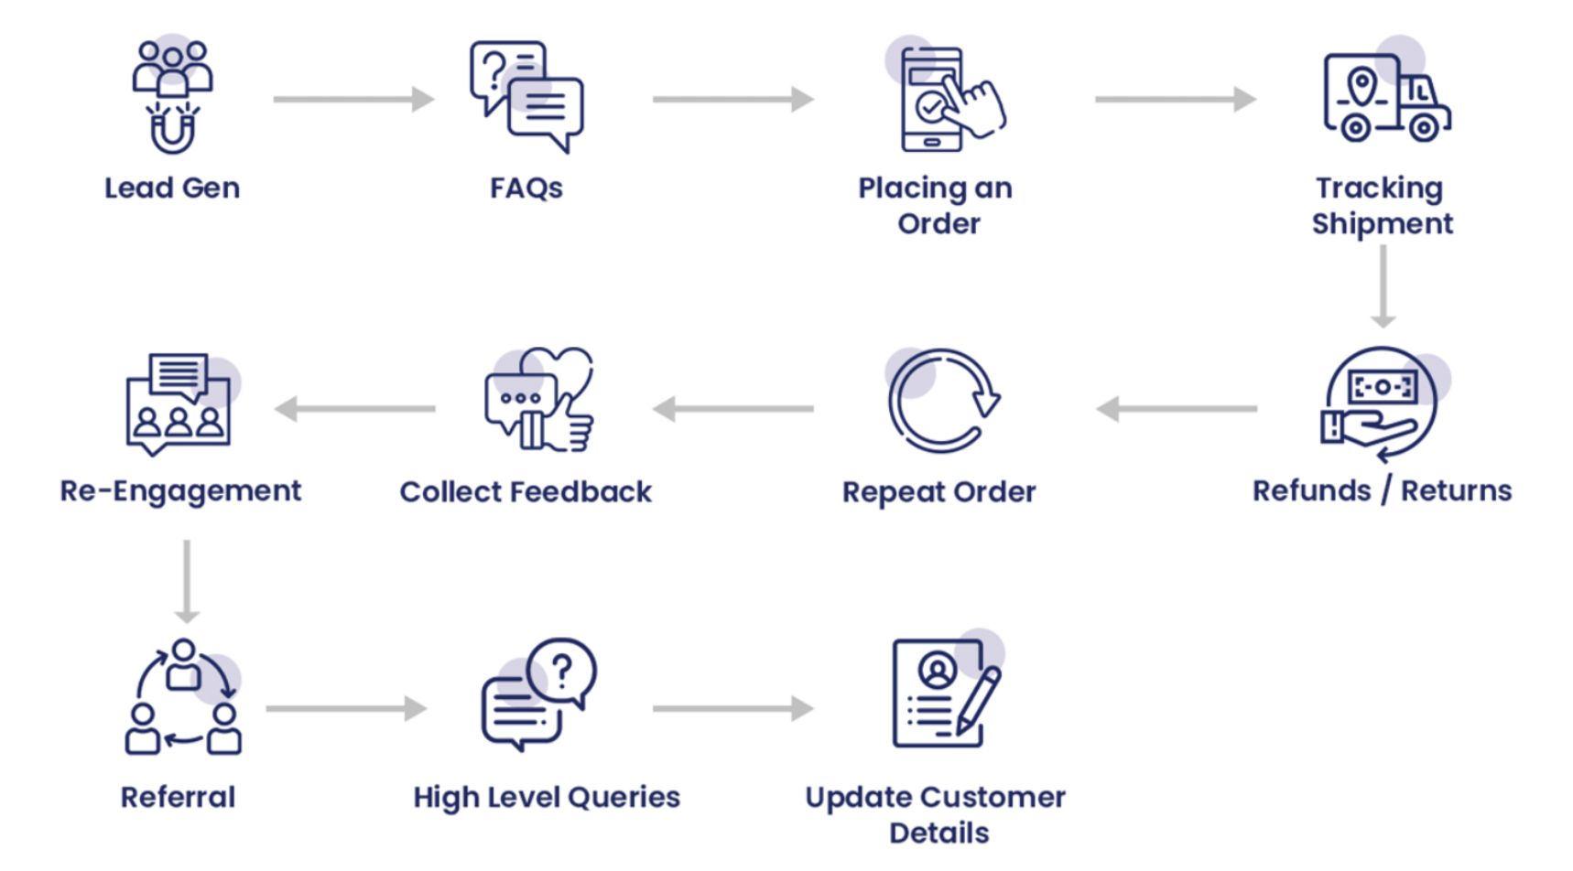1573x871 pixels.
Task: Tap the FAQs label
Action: [526, 188]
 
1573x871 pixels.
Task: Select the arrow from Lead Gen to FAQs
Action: [353, 99]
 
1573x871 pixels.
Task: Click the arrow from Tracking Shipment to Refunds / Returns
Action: [1383, 286]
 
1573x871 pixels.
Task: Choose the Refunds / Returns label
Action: [1382, 491]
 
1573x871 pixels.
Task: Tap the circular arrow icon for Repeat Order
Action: [942, 401]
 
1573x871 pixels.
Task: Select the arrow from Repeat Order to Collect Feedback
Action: [733, 409]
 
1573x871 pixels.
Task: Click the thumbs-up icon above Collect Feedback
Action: [540, 401]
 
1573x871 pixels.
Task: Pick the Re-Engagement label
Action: [180, 491]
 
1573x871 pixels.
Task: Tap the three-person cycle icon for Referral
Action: [183, 697]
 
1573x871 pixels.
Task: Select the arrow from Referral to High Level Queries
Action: [346, 708]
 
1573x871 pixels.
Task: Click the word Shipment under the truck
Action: [1382, 224]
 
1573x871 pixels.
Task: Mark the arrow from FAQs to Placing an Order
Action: [733, 99]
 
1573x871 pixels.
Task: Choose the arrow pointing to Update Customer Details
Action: [733, 708]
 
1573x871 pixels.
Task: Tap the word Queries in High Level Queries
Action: [624, 798]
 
